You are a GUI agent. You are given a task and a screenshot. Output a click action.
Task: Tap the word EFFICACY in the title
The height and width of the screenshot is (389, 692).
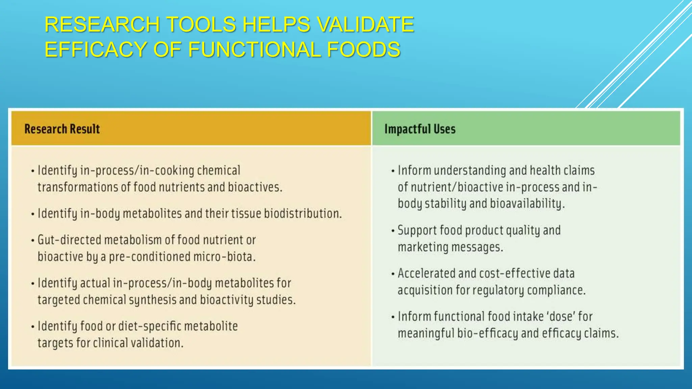[96, 50]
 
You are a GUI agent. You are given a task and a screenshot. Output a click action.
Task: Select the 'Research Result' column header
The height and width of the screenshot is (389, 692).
[62, 129]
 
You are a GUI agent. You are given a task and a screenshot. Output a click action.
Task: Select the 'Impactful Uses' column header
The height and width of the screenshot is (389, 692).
[420, 129]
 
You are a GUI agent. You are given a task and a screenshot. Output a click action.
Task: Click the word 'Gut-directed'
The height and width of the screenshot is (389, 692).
[69, 240]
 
